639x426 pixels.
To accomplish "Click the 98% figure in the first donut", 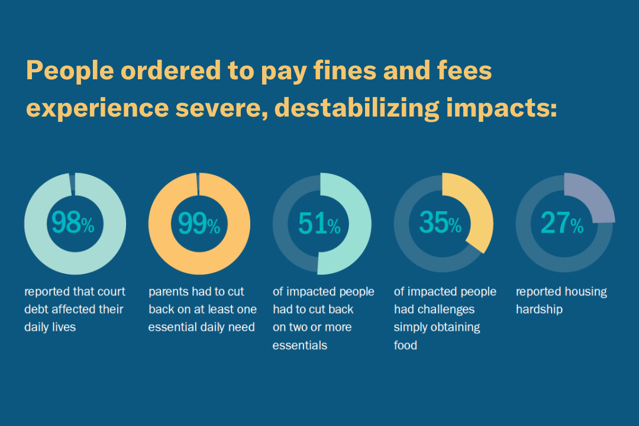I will click(73, 223).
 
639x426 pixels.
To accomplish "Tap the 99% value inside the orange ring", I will click(199, 223).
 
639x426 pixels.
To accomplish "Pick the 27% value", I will click(562, 223).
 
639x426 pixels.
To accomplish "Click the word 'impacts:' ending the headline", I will click(507, 109).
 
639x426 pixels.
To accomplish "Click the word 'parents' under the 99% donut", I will click(169, 292).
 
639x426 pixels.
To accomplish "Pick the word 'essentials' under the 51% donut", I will click(299, 346).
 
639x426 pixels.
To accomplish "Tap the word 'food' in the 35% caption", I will click(405, 346).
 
